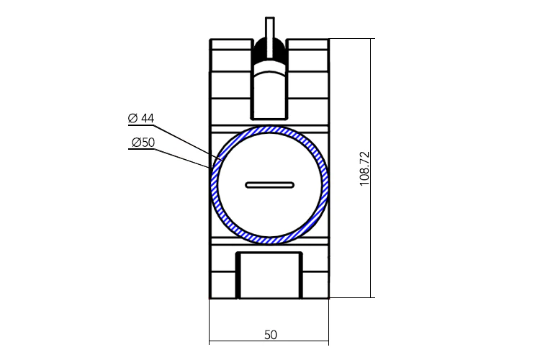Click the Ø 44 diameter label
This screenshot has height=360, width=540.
[x=141, y=118]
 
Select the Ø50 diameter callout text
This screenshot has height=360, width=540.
[x=143, y=143]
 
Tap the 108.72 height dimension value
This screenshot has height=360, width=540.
[x=364, y=168]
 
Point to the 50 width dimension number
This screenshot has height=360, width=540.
[x=271, y=335]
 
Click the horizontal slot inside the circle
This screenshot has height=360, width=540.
[x=270, y=185]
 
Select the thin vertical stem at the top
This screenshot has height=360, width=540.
[x=270, y=37]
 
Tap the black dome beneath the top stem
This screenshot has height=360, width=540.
[x=270, y=48]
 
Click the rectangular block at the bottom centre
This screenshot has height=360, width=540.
[x=269, y=276]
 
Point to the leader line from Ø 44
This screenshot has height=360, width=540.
[x=189, y=143]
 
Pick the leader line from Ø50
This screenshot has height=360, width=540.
[x=182, y=158]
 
